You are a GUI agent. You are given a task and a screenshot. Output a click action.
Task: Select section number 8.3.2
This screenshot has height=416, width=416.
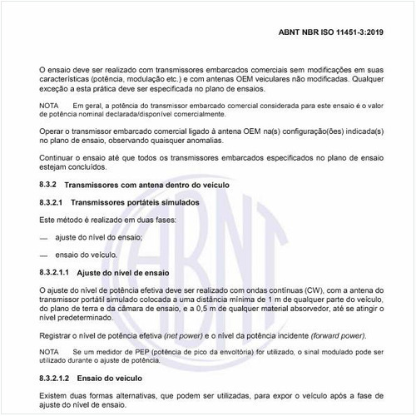click(x=47, y=183)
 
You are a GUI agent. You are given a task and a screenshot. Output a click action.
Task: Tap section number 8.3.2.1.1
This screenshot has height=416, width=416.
click(x=54, y=271)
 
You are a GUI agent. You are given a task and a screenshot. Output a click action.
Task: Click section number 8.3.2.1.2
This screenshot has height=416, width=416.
click(x=54, y=379)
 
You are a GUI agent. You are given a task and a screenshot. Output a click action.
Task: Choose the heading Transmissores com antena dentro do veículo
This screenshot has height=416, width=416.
click(x=146, y=183)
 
